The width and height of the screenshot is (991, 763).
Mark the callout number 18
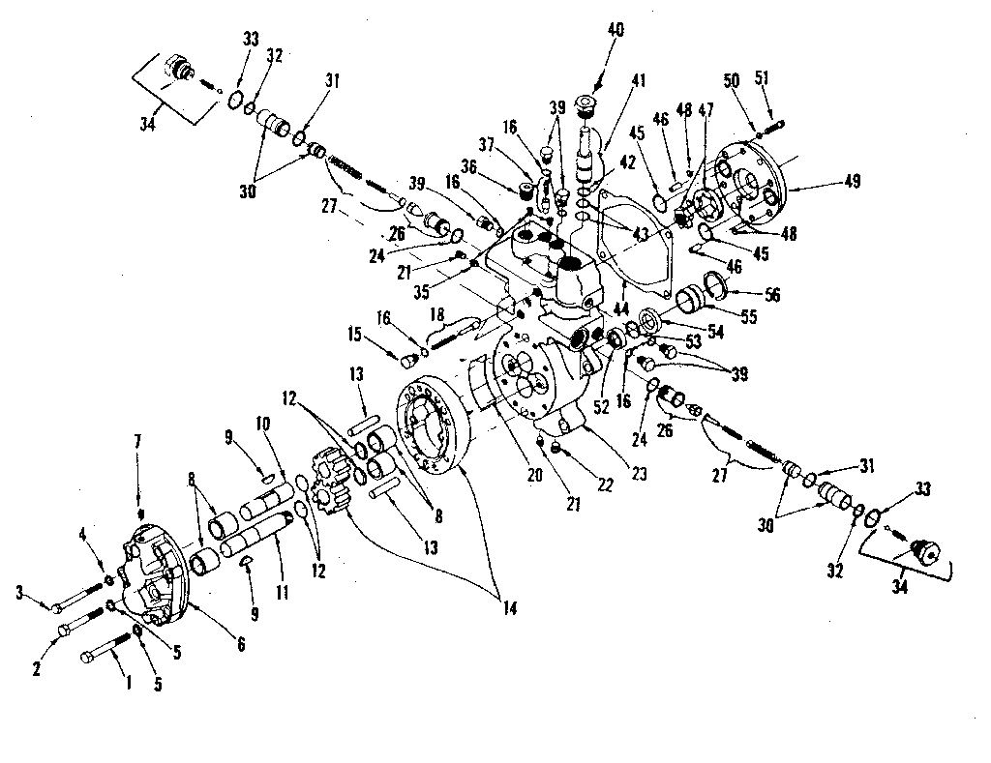pos(437,314)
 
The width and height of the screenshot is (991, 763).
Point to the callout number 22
pos(607,485)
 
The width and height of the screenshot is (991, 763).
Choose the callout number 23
pos(640,475)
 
